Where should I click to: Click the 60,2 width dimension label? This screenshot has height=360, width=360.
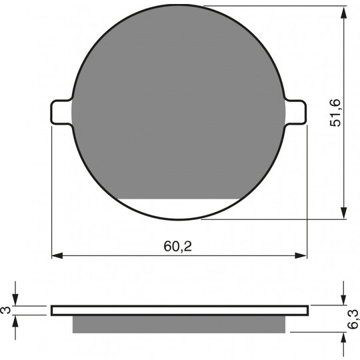pos(178,247)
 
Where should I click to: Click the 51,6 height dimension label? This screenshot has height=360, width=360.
pos(335,113)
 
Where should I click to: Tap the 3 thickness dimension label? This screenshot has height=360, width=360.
pos(7,310)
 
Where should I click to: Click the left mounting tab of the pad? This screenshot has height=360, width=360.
pos(61,113)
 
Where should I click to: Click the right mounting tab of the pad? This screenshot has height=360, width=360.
pos(296,113)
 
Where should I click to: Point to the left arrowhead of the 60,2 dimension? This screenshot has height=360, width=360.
pos(57,255)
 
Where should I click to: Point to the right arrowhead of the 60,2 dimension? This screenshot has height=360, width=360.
pos(301,255)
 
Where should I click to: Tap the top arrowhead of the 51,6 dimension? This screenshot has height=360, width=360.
pos(343,13)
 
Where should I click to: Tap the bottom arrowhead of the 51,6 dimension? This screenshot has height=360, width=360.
pos(343,213)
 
